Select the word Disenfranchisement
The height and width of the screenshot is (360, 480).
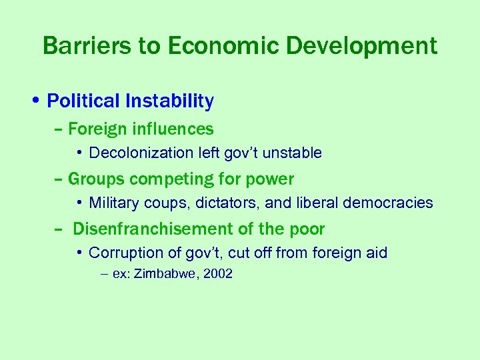(x=153, y=229)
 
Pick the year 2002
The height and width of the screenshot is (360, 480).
(x=217, y=274)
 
